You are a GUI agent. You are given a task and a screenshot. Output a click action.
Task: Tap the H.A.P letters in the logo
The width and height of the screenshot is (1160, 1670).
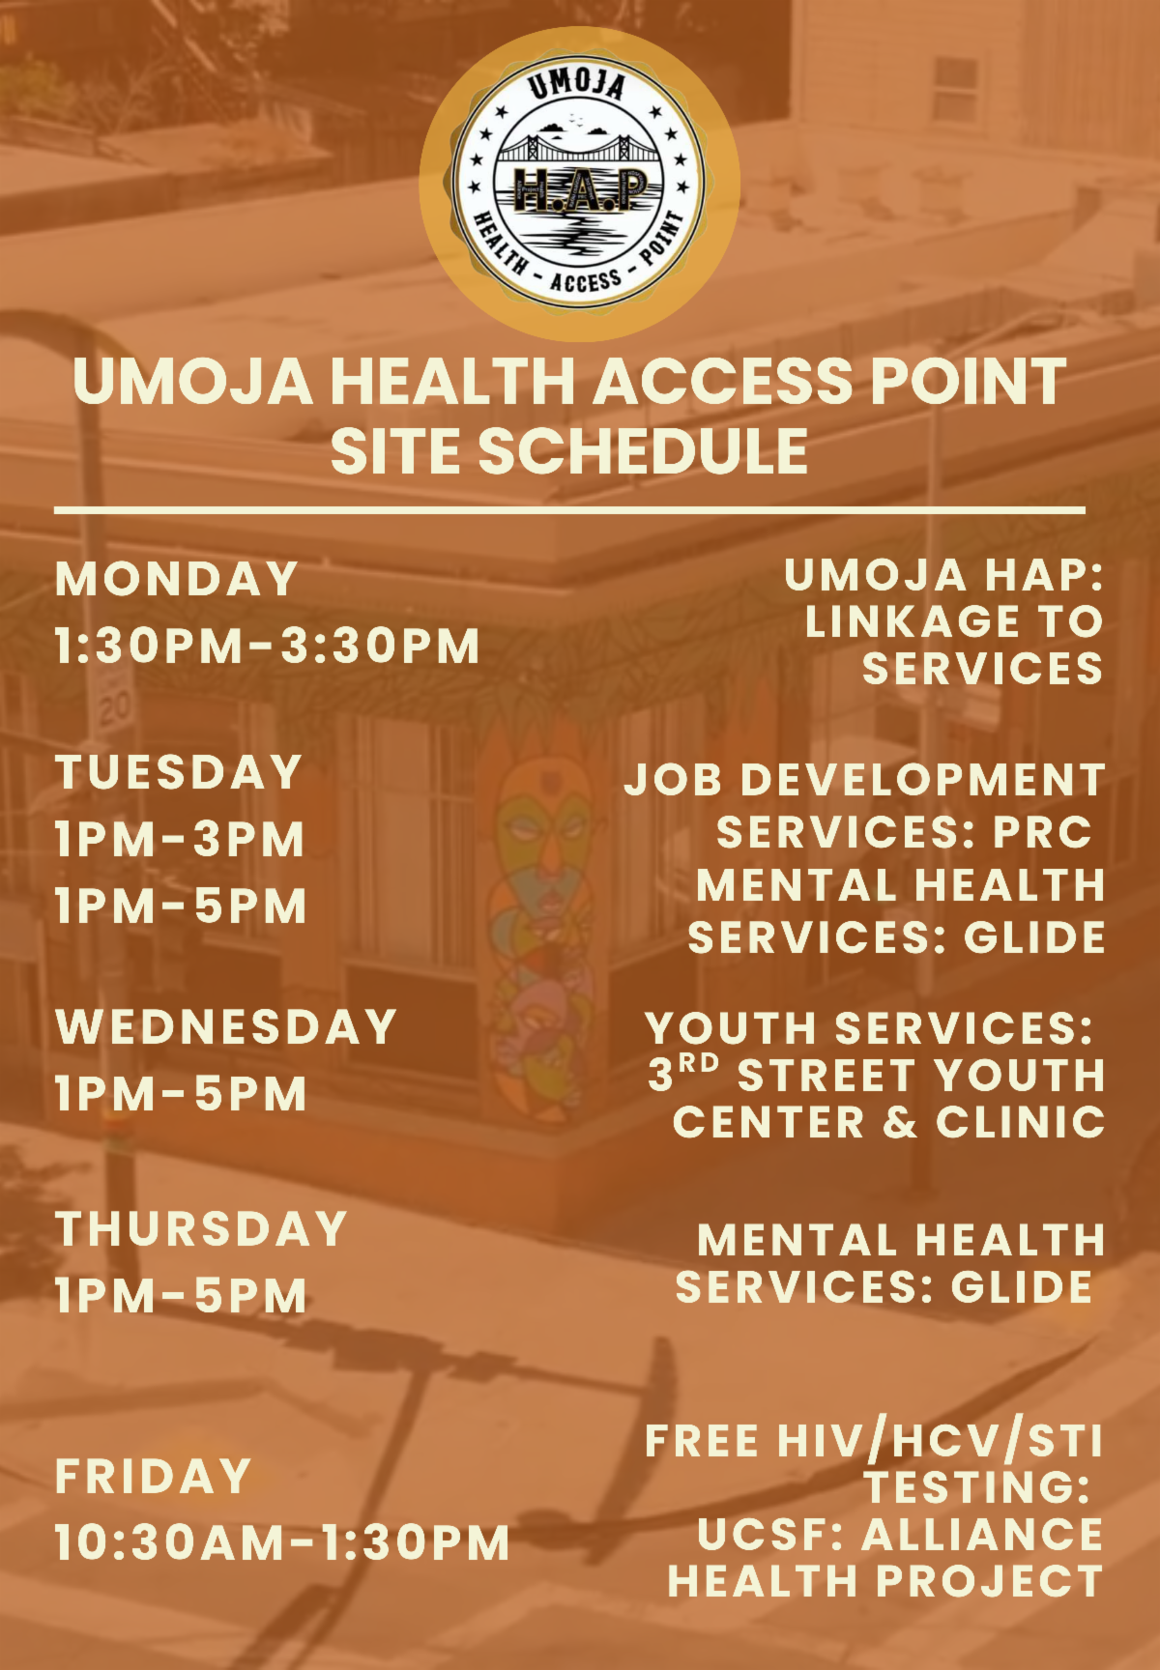[x=581, y=189]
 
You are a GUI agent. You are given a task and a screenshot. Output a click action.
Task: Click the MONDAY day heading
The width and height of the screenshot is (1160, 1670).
[x=177, y=580]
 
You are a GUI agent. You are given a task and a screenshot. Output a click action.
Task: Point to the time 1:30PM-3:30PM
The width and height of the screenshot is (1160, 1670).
[x=267, y=646]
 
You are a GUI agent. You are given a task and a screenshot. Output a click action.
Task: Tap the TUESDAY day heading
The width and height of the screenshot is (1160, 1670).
[x=179, y=773]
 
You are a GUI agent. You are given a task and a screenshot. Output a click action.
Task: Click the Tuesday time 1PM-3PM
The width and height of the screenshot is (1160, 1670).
[x=180, y=839]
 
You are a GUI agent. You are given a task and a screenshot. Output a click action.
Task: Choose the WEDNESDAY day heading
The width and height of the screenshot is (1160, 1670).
[x=226, y=1026]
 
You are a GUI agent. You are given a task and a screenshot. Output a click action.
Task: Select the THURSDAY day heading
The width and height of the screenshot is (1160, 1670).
[x=201, y=1229]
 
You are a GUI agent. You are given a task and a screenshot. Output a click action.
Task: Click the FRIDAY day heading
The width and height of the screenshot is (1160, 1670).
[x=154, y=1477]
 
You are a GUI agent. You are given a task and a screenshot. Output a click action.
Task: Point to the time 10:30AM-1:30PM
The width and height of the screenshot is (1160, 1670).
[x=281, y=1542]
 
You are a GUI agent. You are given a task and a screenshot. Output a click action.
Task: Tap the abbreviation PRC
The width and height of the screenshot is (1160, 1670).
[x=1042, y=832]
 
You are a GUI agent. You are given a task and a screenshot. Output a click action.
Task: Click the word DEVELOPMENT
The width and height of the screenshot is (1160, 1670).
[x=922, y=780]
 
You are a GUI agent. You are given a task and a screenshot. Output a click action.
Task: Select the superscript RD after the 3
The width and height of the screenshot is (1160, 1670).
[x=698, y=1064]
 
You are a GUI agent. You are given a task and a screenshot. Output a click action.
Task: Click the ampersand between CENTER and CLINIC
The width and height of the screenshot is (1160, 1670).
[x=900, y=1123]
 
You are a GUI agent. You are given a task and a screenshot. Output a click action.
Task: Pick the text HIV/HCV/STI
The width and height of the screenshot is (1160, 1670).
[x=940, y=1442]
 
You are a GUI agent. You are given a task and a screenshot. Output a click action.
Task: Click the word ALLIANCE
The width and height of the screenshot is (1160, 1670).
[x=982, y=1535]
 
